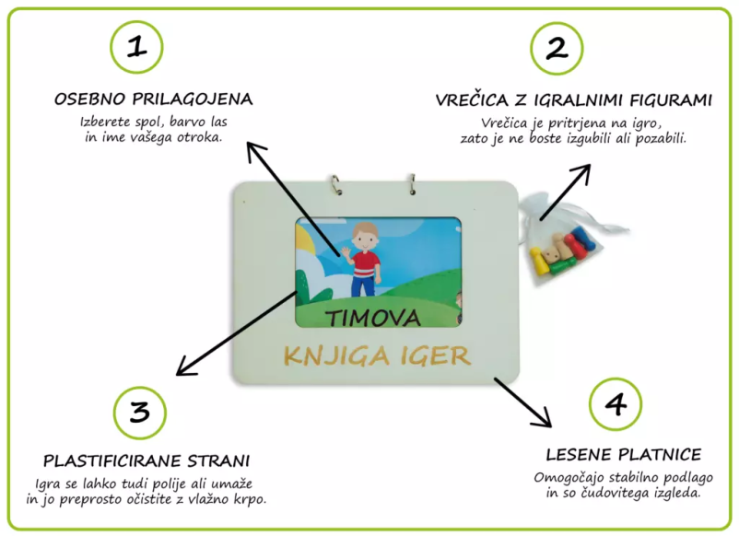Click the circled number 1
point(136,47)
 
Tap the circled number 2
point(557,48)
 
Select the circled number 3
point(140,413)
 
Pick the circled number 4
point(616,404)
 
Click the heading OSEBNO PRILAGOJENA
point(154,99)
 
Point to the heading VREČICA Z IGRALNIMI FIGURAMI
point(573,100)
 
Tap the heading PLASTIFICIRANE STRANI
point(147,460)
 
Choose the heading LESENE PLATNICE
point(624,455)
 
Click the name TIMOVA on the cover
point(373,319)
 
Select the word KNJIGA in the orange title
point(337,355)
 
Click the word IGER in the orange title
point(436,355)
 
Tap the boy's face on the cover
point(365,240)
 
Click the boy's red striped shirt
point(366,265)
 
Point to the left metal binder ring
point(335,184)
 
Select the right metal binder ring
point(412,184)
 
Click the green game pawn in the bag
point(561,267)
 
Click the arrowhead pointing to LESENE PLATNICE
point(545,418)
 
